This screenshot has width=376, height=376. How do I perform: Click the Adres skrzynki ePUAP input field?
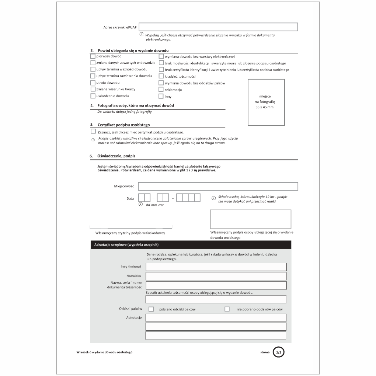pyautogui.click(x=218, y=27)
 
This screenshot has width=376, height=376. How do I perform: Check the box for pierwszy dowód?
pyautogui.click(x=93, y=56)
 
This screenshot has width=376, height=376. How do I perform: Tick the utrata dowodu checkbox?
pyautogui.click(x=93, y=83)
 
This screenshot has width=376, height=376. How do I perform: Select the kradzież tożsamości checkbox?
pyautogui.click(x=161, y=76)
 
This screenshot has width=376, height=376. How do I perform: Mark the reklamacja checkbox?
pyautogui.click(x=161, y=90)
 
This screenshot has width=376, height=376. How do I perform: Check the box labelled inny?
pyautogui.click(x=161, y=96)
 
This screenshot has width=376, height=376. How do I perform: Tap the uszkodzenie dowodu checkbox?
pyautogui.click(x=93, y=96)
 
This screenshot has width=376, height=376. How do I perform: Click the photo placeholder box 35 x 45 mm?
pyautogui.click(x=266, y=102)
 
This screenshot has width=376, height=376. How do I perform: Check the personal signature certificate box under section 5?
pyautogui.click(x=93, y=131)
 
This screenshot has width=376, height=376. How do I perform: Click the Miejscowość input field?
pyautogui.click(x=218, y=186)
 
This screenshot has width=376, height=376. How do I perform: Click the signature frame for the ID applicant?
pyautogui.click(x=250, y=219)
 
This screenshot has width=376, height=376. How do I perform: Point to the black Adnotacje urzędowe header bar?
pyautogui.click(x=191, y=244)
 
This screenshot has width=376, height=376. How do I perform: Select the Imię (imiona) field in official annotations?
pyautogui.click(x=216, y=267)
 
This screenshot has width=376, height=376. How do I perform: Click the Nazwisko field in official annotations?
pyautogui.click(x=216, y=276)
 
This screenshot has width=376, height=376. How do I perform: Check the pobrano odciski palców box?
pyautogui.click(x=151, y=309)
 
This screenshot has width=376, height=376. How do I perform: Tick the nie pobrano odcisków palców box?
pyautogui.click(x=227, y=309)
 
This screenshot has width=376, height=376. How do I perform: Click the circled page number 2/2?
pyautogui.click(x=278, y=353)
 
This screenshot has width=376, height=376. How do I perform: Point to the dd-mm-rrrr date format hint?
pyautogui.click(x=155, y=205)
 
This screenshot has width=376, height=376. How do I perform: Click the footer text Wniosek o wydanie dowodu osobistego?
pyautogui.click(x=104, y=352)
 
